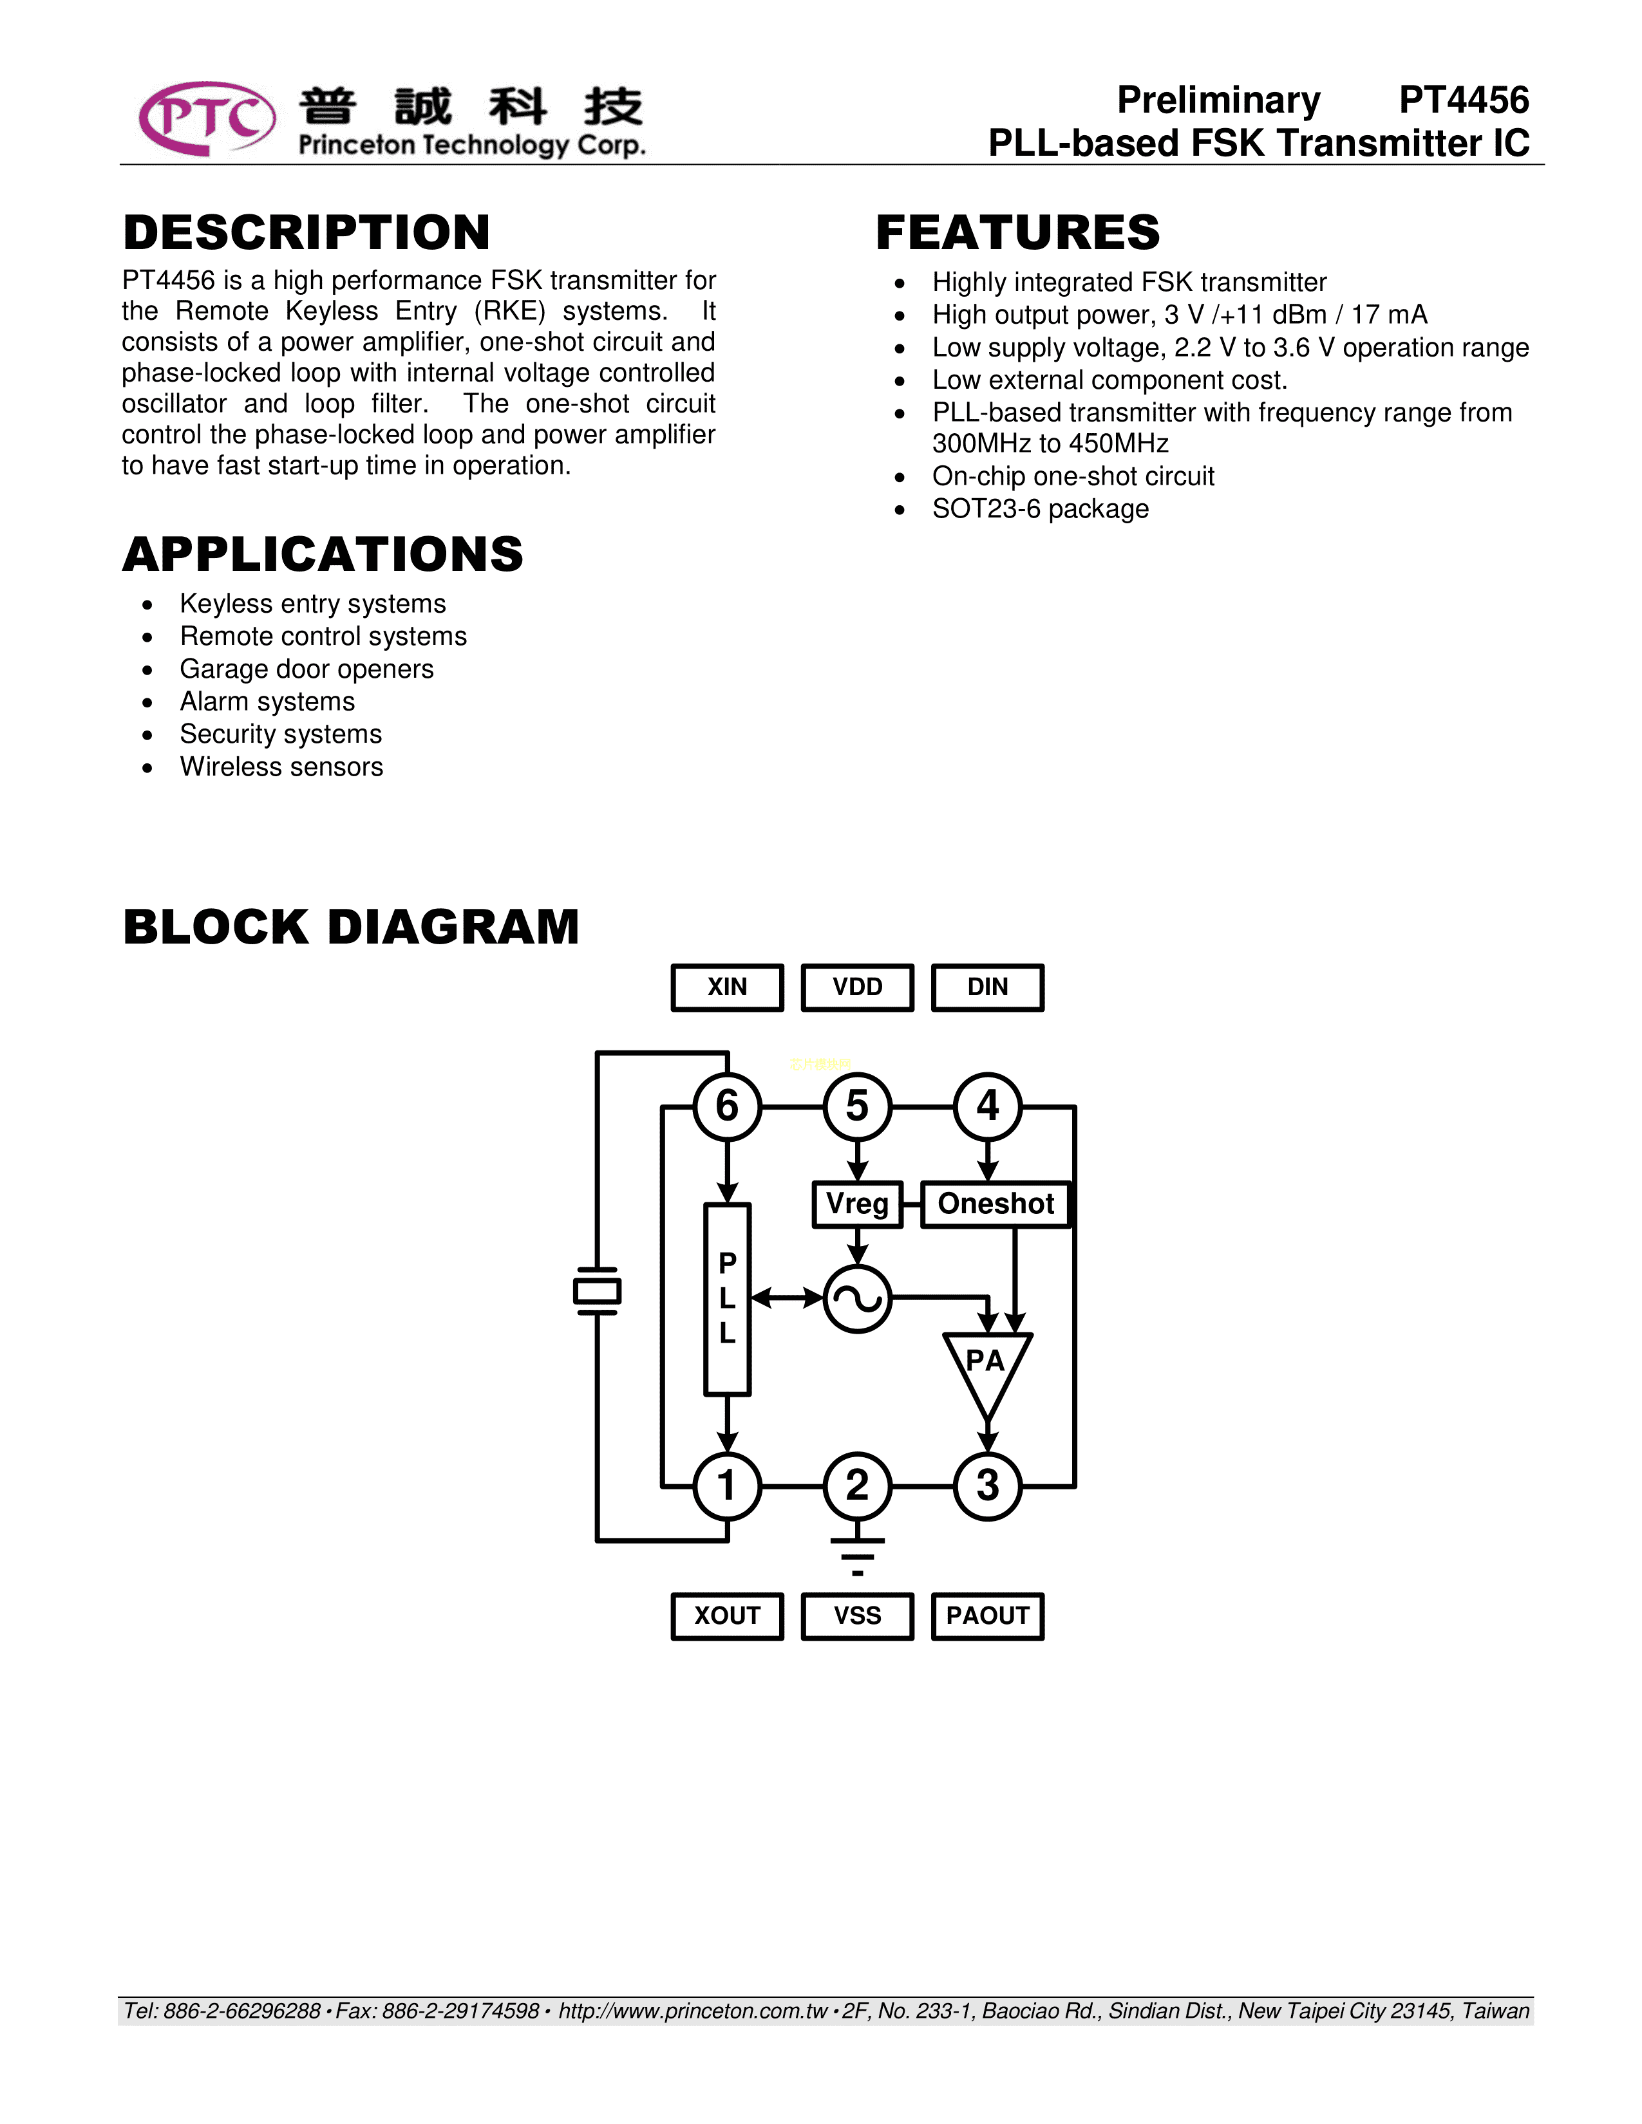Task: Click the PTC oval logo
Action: (206, 118)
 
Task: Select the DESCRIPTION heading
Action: (307, 232)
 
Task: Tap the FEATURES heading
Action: (1017, 232)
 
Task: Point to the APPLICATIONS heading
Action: (323, 554)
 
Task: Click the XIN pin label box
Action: (728, 987)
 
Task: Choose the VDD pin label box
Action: (857, 987)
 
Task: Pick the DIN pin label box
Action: (987, 987)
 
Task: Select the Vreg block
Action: (857, 1204)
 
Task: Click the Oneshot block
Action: (995, 1204)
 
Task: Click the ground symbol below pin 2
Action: (857, 1556)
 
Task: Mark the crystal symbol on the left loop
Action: (598, 1292)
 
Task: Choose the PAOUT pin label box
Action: (987, 1616)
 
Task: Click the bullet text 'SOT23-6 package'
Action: (1040, 508)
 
